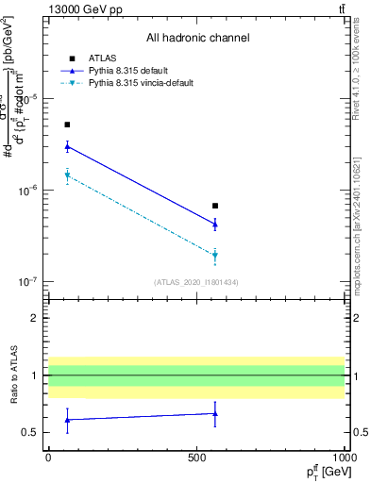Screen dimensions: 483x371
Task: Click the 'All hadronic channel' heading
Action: (196, 38)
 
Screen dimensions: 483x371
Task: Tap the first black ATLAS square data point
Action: (67, 125)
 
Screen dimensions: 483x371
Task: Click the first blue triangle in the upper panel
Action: (67, 146)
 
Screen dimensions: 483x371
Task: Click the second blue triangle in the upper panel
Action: (215, 224)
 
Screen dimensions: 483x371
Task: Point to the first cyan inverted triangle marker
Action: (67, 175)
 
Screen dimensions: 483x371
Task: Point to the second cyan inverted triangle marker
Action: (215, 256)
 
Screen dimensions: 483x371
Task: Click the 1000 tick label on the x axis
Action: (344, 456)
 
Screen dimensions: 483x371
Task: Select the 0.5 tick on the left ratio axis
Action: (31, 433)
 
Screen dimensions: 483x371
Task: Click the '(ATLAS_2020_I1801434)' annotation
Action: (196, 282)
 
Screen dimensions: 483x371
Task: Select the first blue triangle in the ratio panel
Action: (67, 419)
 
